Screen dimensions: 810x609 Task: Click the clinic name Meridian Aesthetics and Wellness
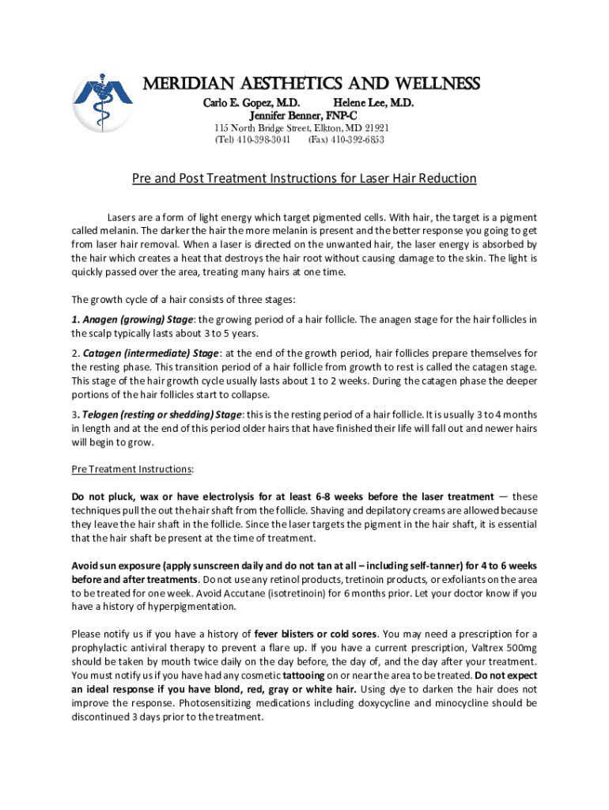click(x=310, y=84)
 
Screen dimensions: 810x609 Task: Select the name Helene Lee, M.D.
click(x=373, y=104)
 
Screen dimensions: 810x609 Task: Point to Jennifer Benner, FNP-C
click(x=303, y=115)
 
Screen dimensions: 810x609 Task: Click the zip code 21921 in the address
click(x=373, y=128)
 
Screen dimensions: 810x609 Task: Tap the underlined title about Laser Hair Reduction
click(x=304, y=178)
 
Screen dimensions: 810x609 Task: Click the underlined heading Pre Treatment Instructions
click(x=131, y=469)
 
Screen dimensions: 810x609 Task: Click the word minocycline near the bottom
click(x=444, y=703)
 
